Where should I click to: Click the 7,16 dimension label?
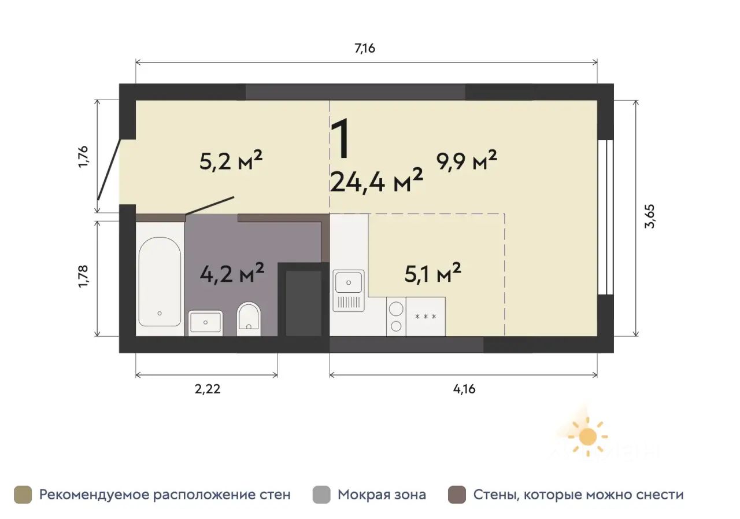point(365,49)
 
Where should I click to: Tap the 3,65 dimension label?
point(649,216)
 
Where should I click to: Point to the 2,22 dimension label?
point(208,389)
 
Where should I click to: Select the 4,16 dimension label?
point(464,389)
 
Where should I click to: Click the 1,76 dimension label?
point(83,157)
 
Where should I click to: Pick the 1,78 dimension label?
point(83,277)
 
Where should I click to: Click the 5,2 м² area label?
point(231,160)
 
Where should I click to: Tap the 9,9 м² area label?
point(467,160)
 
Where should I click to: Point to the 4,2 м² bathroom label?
point(232,273)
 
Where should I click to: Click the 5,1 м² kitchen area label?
point(433,273)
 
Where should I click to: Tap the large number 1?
point(341,139)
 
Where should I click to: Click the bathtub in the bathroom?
point(160,282)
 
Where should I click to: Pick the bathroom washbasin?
point(205,322)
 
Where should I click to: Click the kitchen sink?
point(349,290)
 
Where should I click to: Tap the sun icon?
point(588,437)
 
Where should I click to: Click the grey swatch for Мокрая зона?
point(321,495)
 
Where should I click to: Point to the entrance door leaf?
point(109,170)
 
